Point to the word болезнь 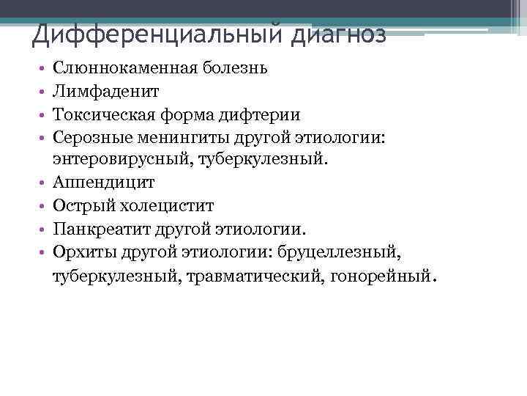[234, 68]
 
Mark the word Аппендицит [104, 182]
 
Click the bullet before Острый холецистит [44, 205]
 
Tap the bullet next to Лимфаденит [44, 92]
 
